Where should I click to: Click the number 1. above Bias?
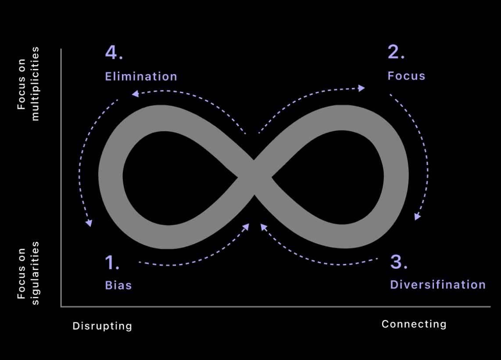[x=112, y=263]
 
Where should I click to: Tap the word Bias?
[x=118, y=285]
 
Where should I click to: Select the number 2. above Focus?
[x=396, y=53]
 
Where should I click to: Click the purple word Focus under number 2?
[x=406, y=76]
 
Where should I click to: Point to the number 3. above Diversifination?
[x=399, y=262]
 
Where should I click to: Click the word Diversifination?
[x=438, y=284]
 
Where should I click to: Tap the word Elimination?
[x=141, y=76]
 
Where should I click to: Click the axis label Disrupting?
[x=102, y=326]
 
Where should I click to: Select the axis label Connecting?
[x=414, y=324]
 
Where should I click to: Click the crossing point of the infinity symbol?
[x=254, y=177]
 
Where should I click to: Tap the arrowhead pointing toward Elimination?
[x=135, y=93]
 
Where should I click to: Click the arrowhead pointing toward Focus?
[x=362, y=88]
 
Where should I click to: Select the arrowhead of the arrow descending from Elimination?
[x=89, y=223]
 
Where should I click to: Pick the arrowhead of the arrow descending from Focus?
[x=417, y=216]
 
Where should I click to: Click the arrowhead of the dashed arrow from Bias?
[x=246, y=227]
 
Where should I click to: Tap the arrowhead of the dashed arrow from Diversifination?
[x=263, y=227]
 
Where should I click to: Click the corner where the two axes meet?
[x=61, y=306]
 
